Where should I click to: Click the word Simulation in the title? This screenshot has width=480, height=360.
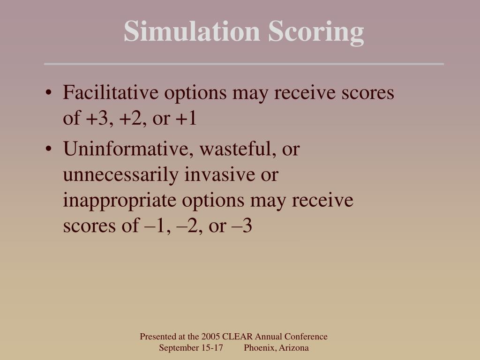(x=192, y=32)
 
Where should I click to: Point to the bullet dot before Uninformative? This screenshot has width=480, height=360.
(x=50, y=150)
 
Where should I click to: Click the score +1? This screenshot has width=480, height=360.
(x=186, y=119)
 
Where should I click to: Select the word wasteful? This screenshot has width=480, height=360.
(x=232, y=150)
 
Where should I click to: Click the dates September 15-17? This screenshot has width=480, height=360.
(x=190, y=348)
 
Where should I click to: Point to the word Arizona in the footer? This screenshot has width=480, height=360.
(x=294, y=348)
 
